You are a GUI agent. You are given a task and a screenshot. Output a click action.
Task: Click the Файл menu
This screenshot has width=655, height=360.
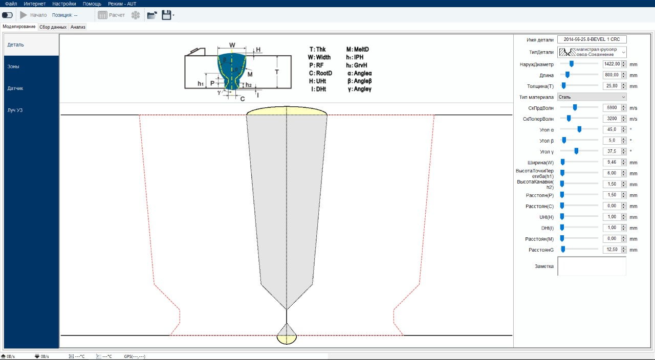(x=11, y=4)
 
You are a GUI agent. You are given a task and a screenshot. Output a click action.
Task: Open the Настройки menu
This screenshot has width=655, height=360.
(x=64, y=4)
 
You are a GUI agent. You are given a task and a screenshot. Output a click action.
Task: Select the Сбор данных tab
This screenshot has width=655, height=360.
(x=53, y=27)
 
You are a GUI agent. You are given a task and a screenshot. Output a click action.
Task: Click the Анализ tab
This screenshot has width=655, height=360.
(x=78, y=27)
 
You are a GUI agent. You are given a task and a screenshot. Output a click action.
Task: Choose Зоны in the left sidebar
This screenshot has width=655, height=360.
(x=13, y=66)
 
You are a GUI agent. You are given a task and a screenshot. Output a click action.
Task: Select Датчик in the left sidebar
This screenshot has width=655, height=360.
(x=15, y=88)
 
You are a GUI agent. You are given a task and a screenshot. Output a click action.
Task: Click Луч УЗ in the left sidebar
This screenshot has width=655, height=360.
(x=15, y=110)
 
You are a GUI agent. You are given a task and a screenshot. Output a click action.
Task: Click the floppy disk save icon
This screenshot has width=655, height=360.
(x=166, y=15)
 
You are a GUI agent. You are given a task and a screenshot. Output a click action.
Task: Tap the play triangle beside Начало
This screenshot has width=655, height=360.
(x=24, y=15)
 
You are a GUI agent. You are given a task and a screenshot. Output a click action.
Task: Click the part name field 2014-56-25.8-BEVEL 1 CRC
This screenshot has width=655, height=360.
(x=592, y=39)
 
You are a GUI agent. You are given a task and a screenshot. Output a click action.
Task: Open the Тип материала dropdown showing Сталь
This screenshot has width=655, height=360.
(x=592, y=97)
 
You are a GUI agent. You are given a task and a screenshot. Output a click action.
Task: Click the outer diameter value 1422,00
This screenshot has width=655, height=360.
(x=612, y=64)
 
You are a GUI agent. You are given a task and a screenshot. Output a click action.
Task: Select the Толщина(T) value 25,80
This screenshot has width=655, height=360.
(x=612, y=86)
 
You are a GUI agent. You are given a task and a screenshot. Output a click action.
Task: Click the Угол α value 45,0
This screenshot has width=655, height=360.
(x=612, y=129)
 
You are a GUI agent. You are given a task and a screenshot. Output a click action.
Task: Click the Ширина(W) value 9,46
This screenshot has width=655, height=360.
(x=612, y=162)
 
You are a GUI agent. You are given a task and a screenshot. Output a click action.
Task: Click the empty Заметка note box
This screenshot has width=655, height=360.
(x=592, y=266)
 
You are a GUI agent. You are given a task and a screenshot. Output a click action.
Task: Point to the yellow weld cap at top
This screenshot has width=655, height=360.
(x=287, y=111)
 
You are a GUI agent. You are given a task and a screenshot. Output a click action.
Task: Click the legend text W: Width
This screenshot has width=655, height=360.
(x=319, y=57)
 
